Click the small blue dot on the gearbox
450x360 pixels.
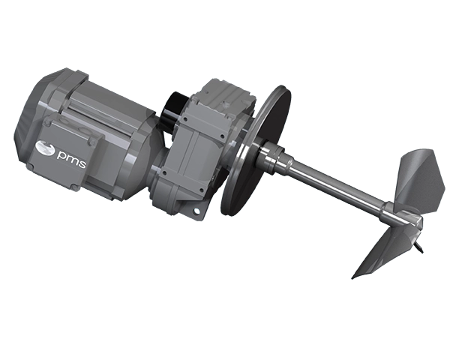pos(196,211)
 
